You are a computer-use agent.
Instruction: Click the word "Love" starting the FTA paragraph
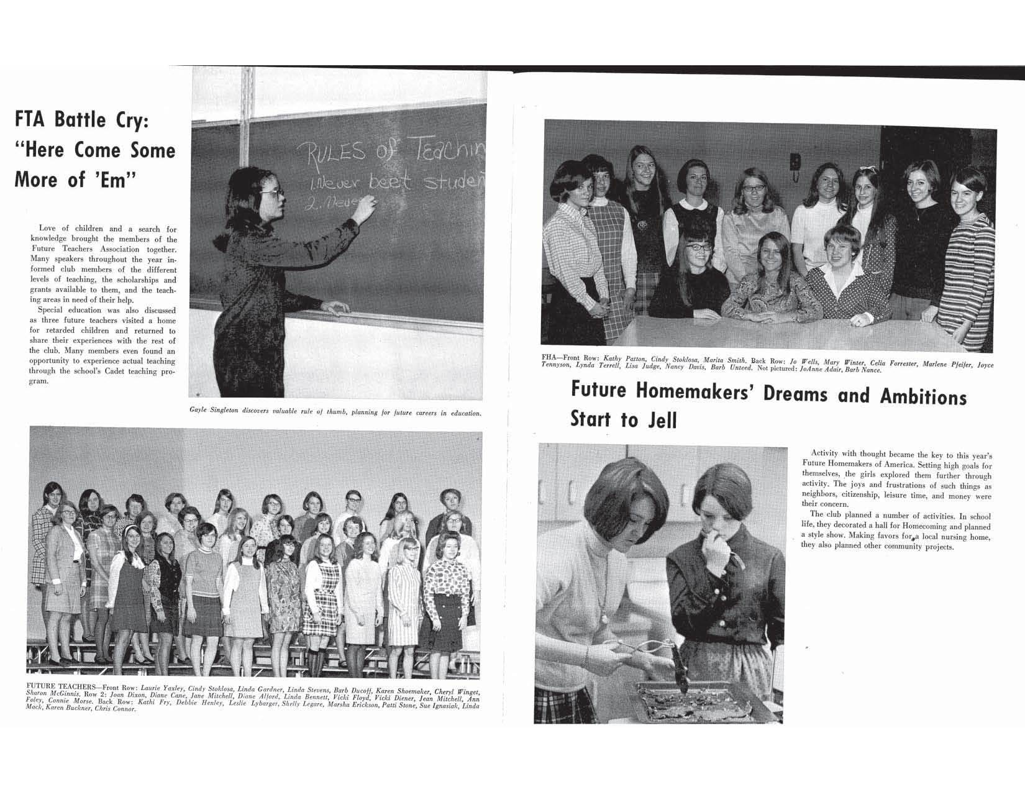click(48, 229)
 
